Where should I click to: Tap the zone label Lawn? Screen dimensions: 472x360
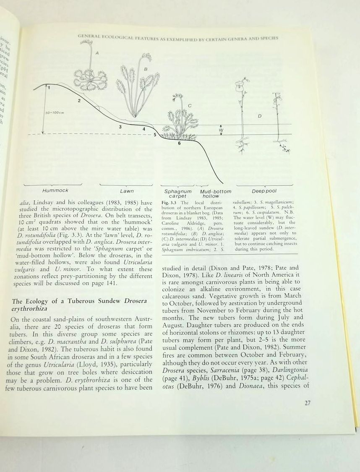127,191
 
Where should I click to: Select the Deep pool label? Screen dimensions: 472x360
264,191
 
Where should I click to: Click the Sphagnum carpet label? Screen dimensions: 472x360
178,193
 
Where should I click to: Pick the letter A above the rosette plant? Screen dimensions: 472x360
97,53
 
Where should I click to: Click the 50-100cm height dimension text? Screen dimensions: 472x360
53,113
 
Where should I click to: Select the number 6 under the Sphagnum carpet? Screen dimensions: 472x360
179,143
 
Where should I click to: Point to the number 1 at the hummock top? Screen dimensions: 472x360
49,87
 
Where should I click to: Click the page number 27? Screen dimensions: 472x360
307,404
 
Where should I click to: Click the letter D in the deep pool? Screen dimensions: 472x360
260,116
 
